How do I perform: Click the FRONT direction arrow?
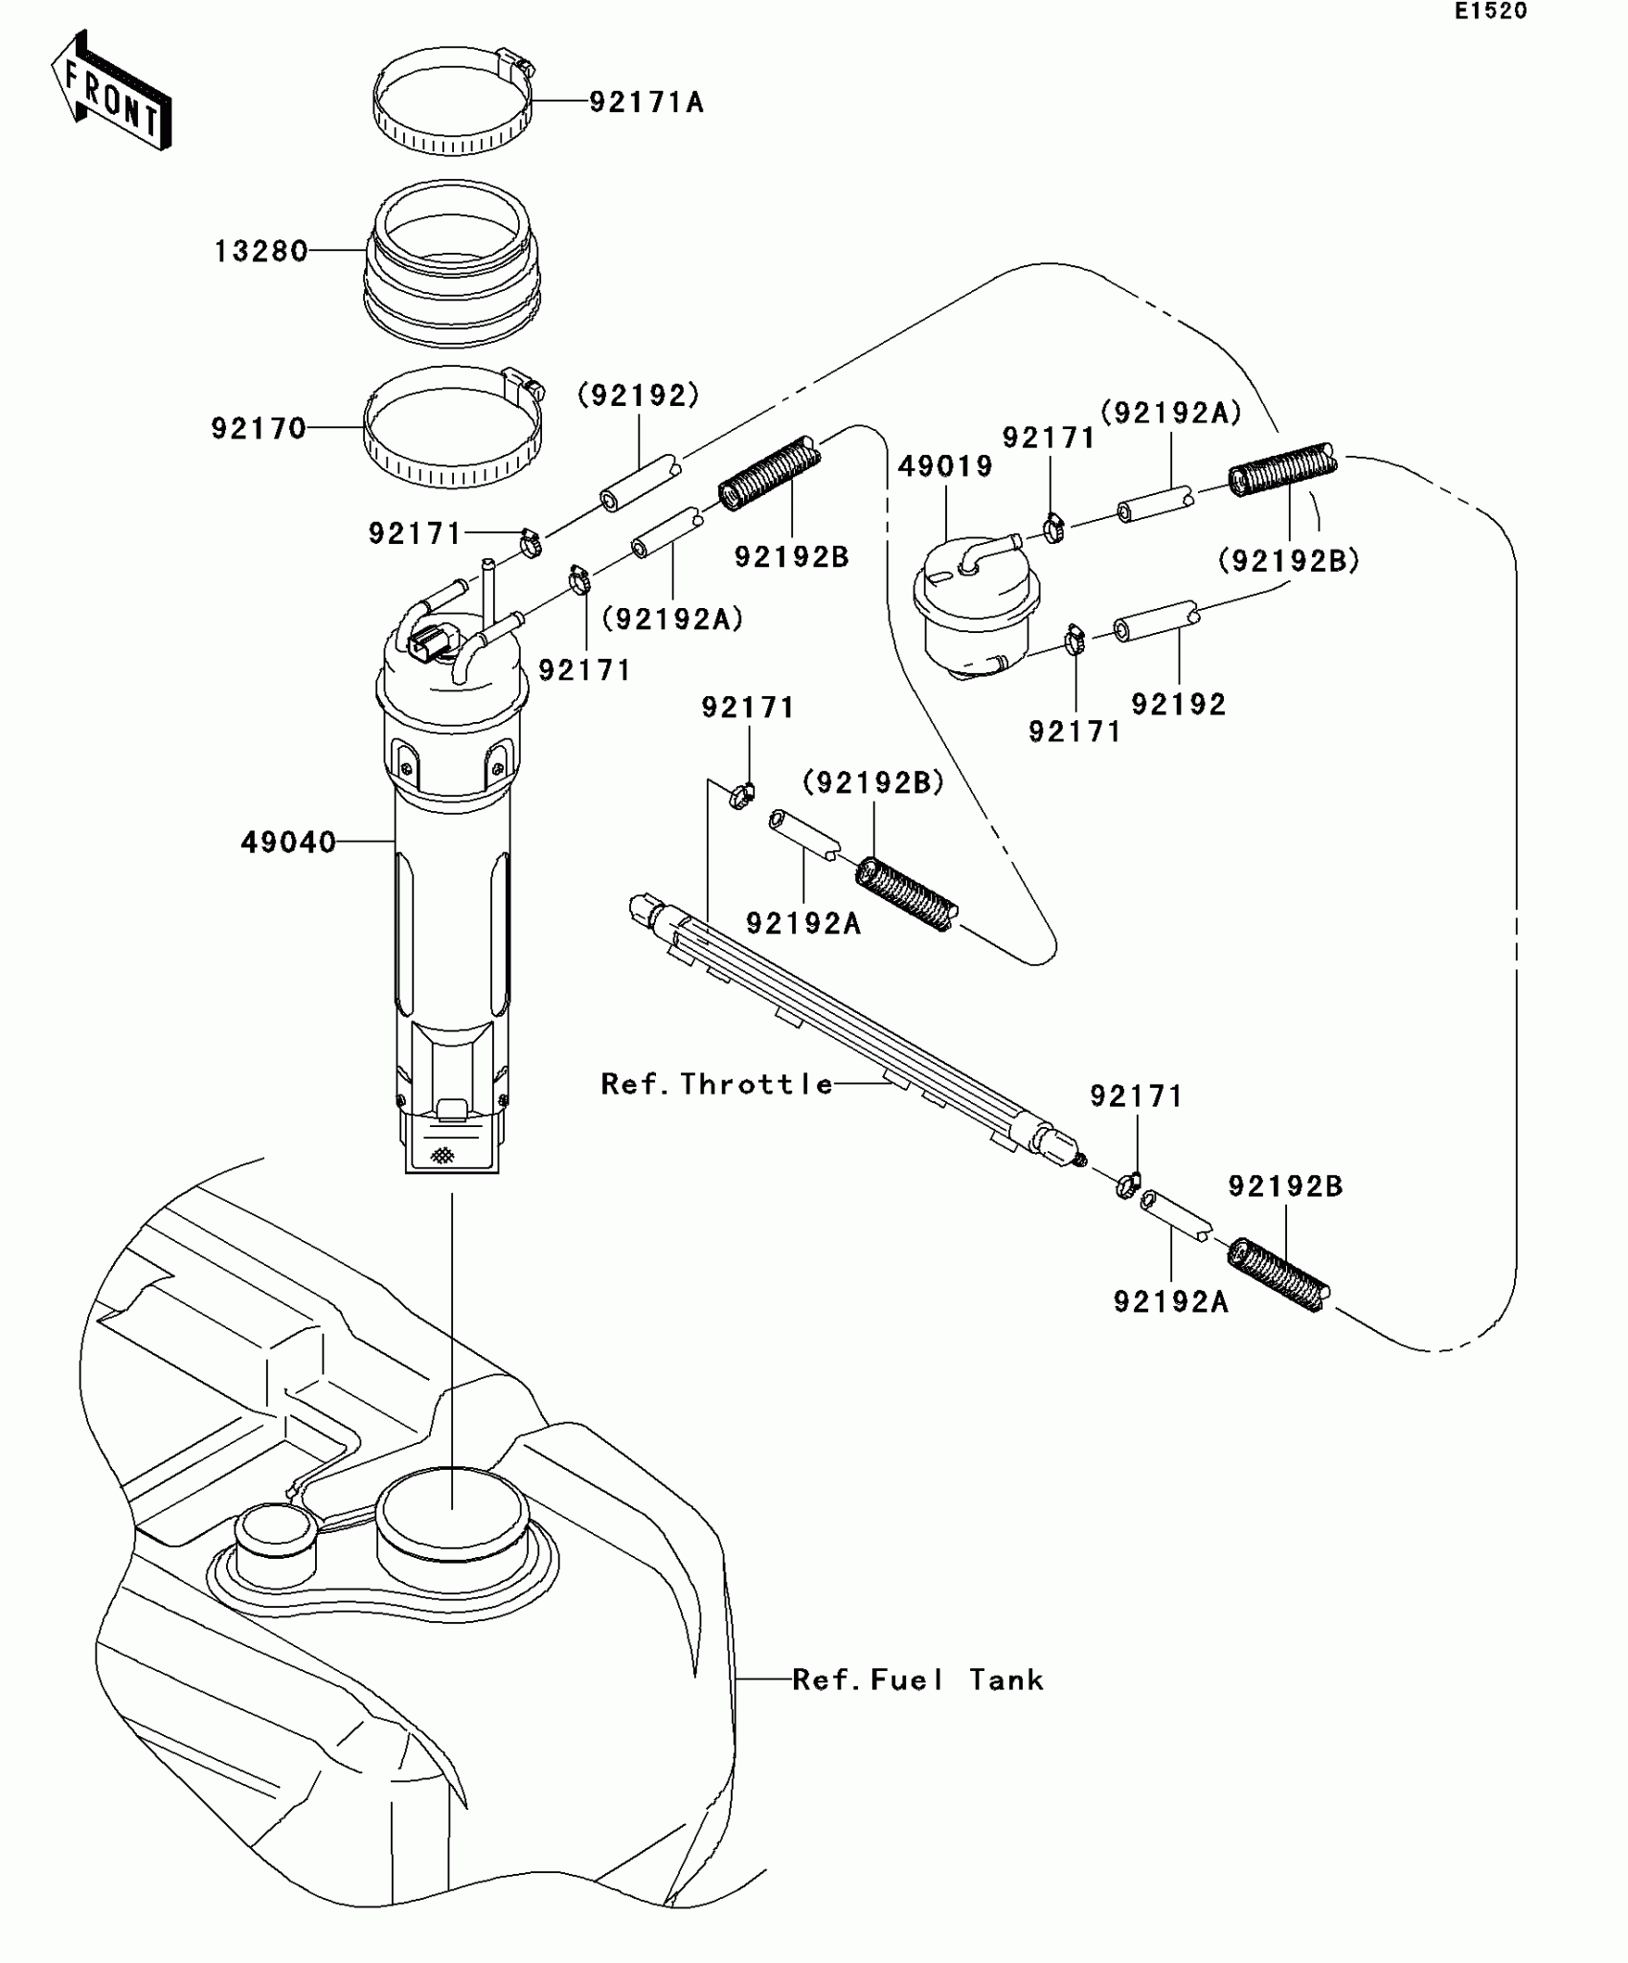coord(111,91)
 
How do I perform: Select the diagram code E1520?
coord(1490,11)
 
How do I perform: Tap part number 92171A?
coord(646,102)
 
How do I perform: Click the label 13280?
coord(260,252)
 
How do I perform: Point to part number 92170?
coord(259,428)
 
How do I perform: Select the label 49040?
coord(288,843)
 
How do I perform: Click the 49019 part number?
coord(945,466)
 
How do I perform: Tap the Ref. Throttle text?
coord(716,1084)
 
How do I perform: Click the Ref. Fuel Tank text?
coord(917,1680)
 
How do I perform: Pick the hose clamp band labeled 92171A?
coord(452,107)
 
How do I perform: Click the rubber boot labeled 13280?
coord(451,263)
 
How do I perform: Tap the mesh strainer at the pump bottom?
coord(441,1155)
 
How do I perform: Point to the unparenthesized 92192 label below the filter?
coord(1178,705)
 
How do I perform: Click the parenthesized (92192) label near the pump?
coord(639,395)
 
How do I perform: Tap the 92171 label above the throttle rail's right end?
coord(1137,1096)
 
